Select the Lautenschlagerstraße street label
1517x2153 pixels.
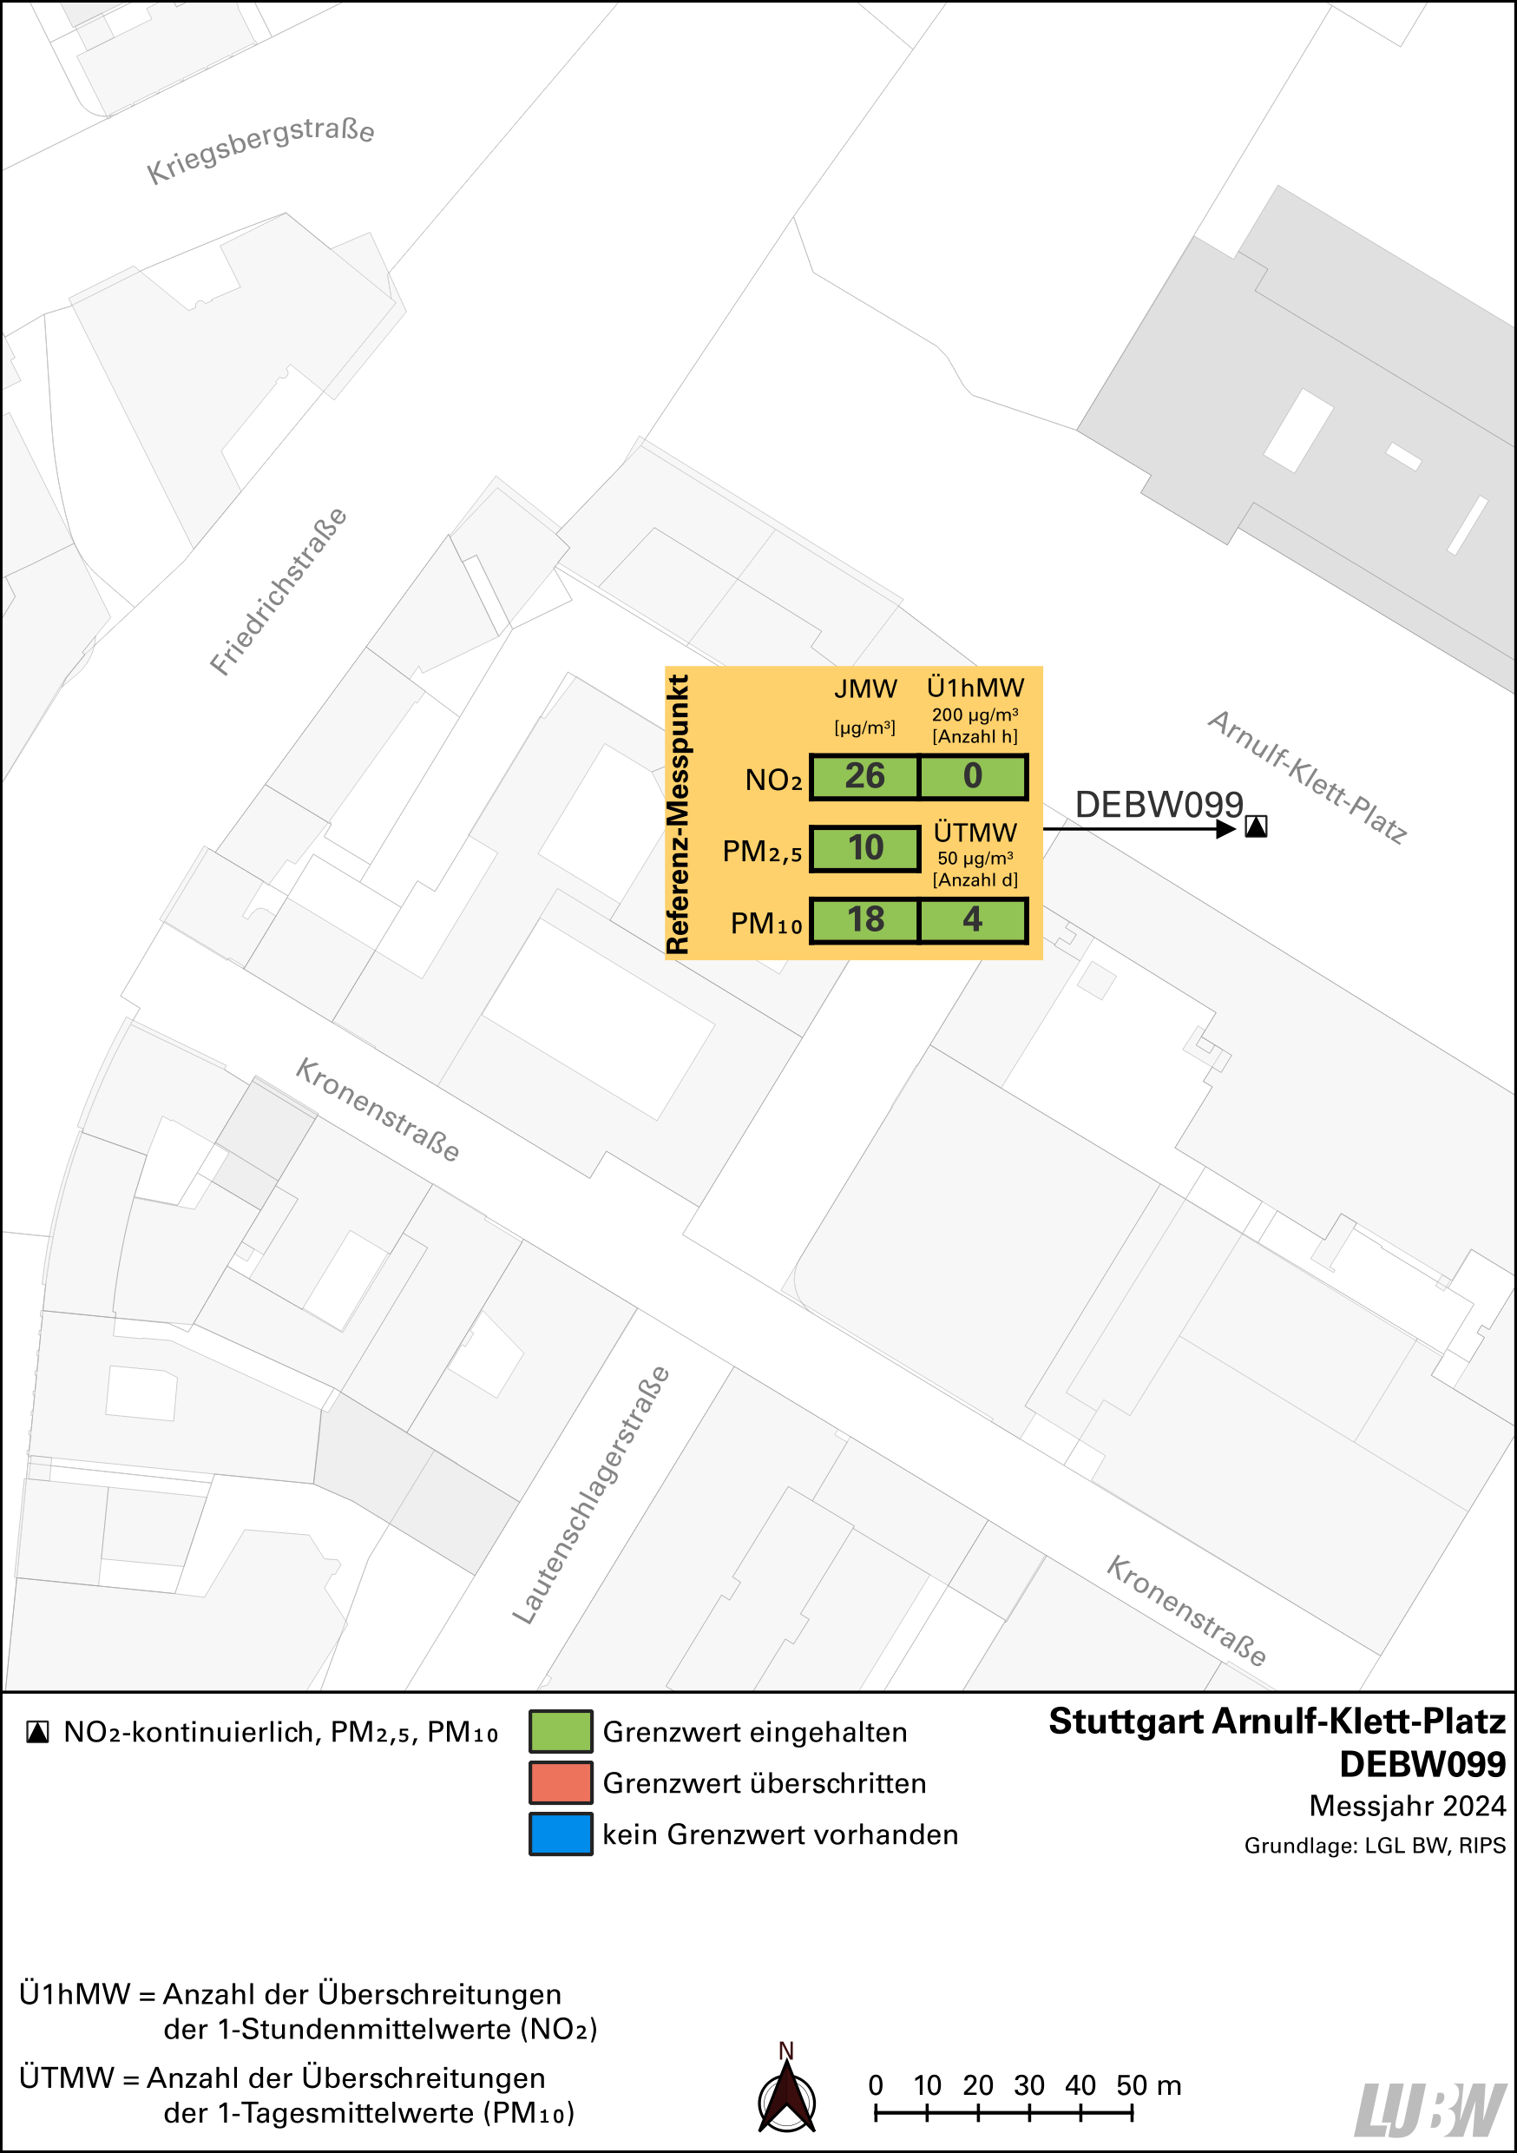coord(592,1496)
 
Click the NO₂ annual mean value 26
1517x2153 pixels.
coord(864,776)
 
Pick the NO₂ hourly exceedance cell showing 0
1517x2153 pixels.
coord(973,776)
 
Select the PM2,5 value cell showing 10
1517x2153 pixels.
coord(864,849)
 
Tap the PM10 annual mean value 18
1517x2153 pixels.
coord(864,920)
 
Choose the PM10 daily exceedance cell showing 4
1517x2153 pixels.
coord(973,920)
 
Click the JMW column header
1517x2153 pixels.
coord(865,689)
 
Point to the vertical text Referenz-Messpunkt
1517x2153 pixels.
coord(678,814)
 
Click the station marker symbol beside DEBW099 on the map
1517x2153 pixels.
coord(1257,826)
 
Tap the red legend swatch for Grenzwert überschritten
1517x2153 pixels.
coord(561,1782)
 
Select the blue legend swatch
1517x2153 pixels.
coord(561,1834)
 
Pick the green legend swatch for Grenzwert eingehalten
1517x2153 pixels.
coord(561,1731)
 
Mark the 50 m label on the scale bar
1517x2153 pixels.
coord(1147,2085)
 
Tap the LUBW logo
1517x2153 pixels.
coord(1431,2110)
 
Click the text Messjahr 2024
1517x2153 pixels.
coord(1407,1806)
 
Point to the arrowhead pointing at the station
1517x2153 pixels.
coord(1225,829)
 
